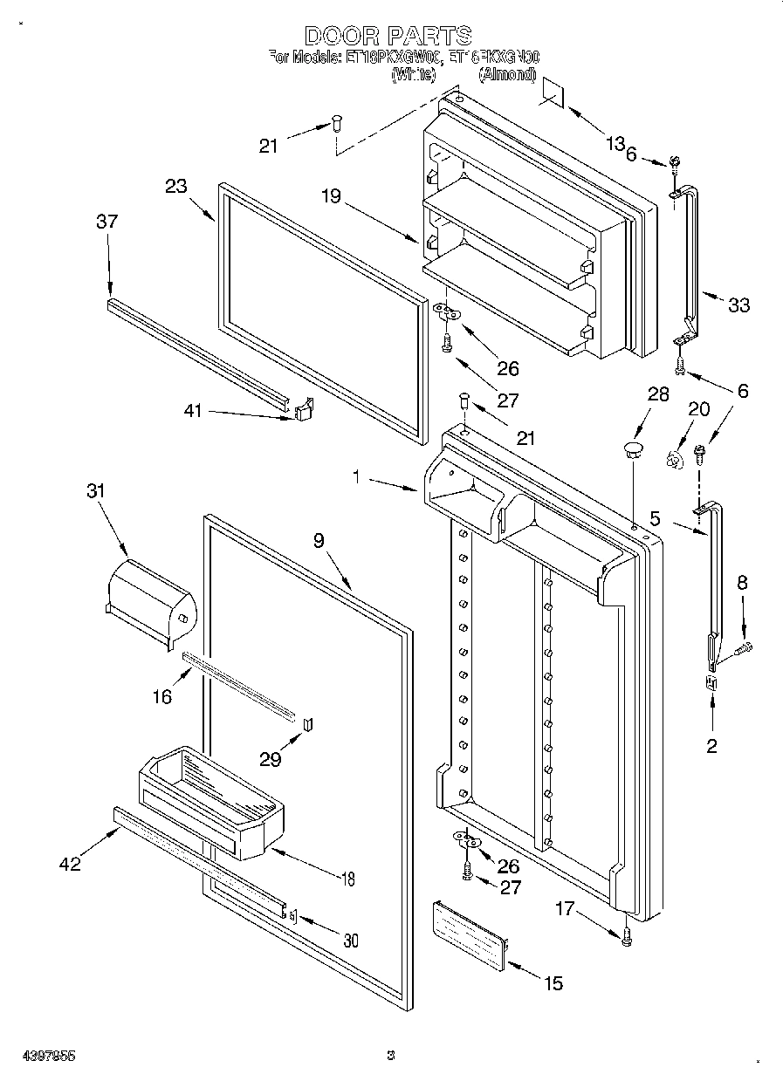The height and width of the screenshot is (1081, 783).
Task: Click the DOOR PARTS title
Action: (389, 36)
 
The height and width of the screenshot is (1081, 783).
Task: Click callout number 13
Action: (616, 143)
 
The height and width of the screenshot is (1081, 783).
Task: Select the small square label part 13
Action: (553, 90)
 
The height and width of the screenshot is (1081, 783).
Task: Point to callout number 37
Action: (106, 222)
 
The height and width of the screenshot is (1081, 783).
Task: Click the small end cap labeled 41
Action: (304, 409)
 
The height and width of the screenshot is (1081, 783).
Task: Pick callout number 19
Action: (331, 197)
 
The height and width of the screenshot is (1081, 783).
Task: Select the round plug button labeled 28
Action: (631, 450)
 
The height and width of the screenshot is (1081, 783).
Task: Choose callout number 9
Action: (319, 540)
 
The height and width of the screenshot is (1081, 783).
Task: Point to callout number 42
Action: (70, 864)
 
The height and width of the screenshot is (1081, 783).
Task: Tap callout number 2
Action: (711, 746)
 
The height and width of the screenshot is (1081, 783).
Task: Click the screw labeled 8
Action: (744, 647)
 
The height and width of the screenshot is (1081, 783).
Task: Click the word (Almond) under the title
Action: (506, 75)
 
